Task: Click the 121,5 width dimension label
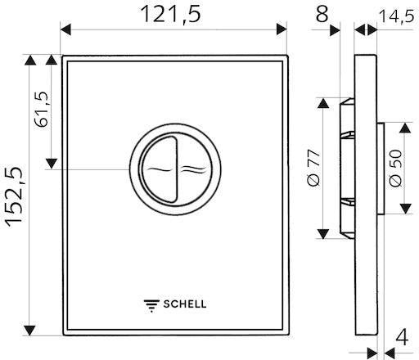[171, 14]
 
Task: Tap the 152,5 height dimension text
[14, 197]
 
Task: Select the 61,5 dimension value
[42, 110]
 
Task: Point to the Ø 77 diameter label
[313, 168]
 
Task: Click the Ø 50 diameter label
[395, 168]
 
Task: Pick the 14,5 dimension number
[397, 16]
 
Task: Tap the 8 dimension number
[322, 14]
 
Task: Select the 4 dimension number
[402, 337]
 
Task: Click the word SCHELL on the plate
[185, 304]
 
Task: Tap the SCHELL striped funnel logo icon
[151, 306]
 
